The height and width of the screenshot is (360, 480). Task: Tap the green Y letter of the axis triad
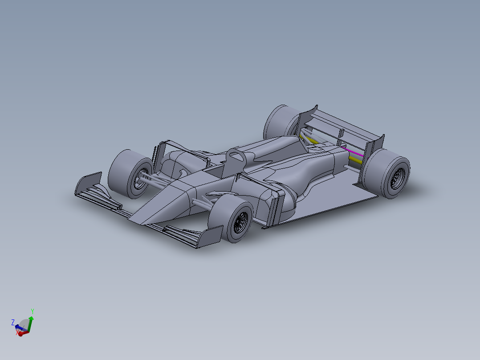click(33, 311)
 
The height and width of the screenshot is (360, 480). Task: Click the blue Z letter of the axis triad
click(13, 322)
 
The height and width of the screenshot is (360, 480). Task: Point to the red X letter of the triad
click(17, 332)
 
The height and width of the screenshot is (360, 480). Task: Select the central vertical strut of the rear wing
click(342, 133)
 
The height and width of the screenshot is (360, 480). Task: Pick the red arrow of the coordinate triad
click(24, 332)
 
